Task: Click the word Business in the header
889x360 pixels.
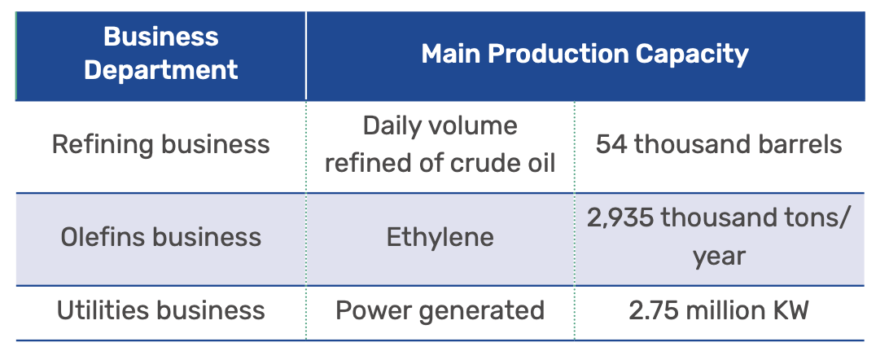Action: (161, 37)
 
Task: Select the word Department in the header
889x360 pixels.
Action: (161, 70)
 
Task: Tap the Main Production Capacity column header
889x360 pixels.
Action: (585, 54)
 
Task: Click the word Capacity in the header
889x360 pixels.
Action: (692, 55)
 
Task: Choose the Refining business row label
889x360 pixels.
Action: (161, 144)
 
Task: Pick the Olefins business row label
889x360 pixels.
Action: (161, 236)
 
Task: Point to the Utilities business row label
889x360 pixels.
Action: (161, 310)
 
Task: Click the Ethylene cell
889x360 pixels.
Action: (440, 237)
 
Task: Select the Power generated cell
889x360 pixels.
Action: (440, 310)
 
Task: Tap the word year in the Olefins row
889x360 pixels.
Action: (719, 257)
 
